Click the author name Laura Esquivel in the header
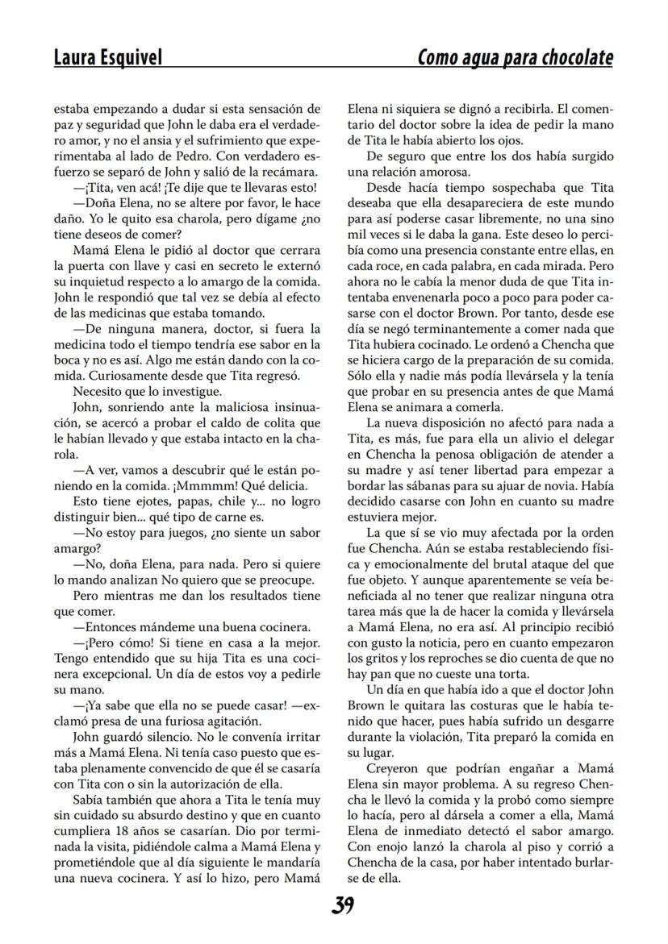(107, 57)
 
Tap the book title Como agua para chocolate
(515, 57)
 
